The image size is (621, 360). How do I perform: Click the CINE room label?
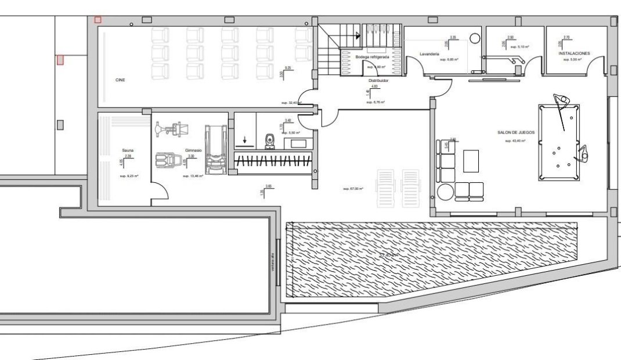pyautogui.click(x=120, y=81)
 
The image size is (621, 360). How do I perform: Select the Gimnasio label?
pyautogui.click(x=193, y=150)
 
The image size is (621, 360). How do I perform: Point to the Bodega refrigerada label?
pyautogui.click(x=372, y=57)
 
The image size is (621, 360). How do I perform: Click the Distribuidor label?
pyautogui.click(x=378, y=81)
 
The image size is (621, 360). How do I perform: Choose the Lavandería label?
pyautogui.click(x=429, y=54)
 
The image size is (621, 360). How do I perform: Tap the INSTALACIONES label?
pyautogui.click(x=574, y=53)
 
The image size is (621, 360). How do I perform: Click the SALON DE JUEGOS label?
pyautogui.click(x=516, y=132)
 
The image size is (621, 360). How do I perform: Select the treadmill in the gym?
pyautogui.click(x=215, y=147)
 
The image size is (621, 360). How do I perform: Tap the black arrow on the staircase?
pyautogui.click(x=358, y=36)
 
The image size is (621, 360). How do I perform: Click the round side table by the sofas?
pyautogui.click(x=445, y=192)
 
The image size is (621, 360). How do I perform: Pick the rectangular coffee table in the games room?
pyautogui.click(x=471, y=161)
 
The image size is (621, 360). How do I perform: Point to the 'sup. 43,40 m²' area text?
pyautogui.click(x=515, y=141)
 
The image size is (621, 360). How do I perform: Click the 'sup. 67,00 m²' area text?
pyautogui.click(x=353, y=189)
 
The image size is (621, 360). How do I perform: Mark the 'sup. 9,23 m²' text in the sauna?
pyautogui.click(x=127, y=175)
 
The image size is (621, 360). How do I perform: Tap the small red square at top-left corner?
pyautogui.click(x=98, y=20)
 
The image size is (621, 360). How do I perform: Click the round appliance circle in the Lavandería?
pyautogui.click(x=475, y=39)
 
